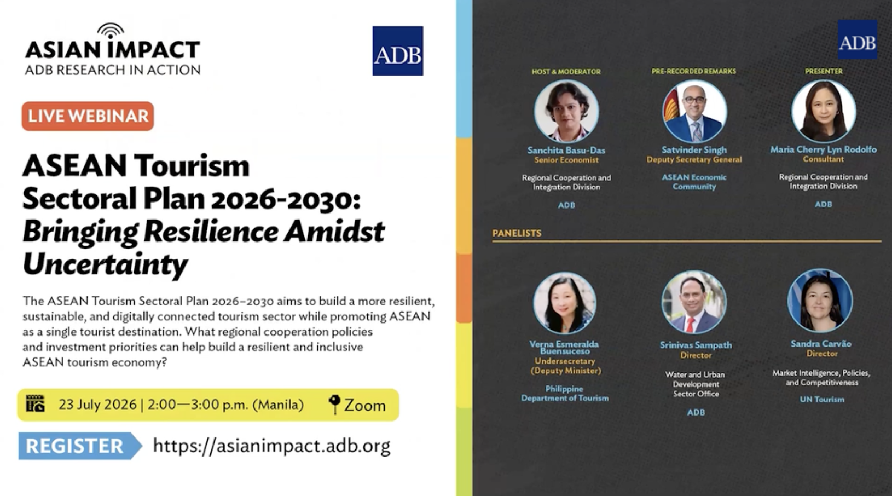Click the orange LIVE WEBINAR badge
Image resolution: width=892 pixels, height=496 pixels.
pos(88,116)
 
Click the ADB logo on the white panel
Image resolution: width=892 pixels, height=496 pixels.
pos(397,50)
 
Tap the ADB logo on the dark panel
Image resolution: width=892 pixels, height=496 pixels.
pos(857,39)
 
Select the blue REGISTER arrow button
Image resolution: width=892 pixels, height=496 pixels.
pos(80,446)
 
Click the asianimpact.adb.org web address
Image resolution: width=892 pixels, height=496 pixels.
pos(271,446)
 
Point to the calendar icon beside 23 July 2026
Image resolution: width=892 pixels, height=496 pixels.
pos(36,403)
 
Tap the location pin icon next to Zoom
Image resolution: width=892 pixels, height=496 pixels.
pos(334,404)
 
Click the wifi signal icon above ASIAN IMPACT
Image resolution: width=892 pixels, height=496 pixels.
pos(111,30)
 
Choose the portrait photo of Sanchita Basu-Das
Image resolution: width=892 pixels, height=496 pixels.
pos(566,112)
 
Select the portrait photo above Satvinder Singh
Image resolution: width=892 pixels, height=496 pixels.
pos(694,111)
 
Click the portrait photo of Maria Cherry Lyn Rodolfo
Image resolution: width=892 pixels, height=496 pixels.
pos(824,111)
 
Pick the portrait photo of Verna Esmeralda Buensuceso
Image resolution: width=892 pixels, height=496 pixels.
pos(565,304)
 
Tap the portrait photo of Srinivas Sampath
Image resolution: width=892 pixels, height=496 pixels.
pos(694,303)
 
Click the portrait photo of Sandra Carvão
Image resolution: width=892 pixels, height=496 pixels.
pos(820,301)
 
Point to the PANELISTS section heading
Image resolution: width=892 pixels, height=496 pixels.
pos(517,233)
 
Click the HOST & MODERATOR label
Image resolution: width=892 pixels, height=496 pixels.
pos(566,72)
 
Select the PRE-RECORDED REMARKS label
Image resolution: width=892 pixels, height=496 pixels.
pos(694,71)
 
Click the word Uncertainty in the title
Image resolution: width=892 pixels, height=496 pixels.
pos(105,264)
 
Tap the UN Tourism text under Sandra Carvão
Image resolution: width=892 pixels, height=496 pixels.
pos(822,399)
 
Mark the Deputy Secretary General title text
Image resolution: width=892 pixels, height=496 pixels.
pos(694,160)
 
